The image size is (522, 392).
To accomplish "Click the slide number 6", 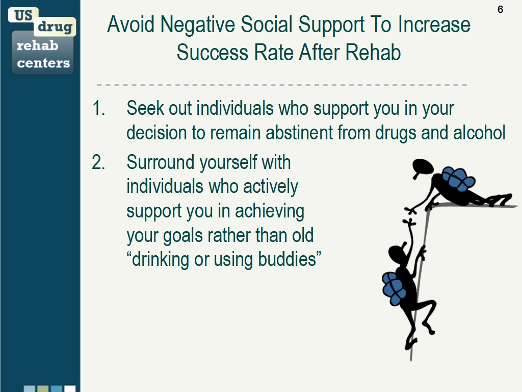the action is pyautogui.click(x=500, y=9).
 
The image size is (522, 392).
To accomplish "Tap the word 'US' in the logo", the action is pyautogui.click(x=23, y=15).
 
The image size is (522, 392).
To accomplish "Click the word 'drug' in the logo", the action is pyautogui.click(x=55, y=27).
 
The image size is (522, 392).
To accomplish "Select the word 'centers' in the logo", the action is pyautogui.click(x=43, y=63).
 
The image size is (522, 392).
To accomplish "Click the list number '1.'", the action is pyautogui.click(x=98, y=108).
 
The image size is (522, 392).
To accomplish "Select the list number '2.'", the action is pyautogui.click(x=98, y=162).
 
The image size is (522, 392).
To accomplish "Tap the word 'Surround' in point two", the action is pyautogui.click(x=161, y=162).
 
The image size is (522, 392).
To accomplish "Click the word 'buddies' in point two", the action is pyautogui.click(x=287, y=259).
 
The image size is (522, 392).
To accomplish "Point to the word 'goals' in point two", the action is pyautogui.click(x=183, y=236).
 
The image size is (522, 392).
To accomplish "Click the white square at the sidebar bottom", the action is pyautogui.click(x=70, y=388).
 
